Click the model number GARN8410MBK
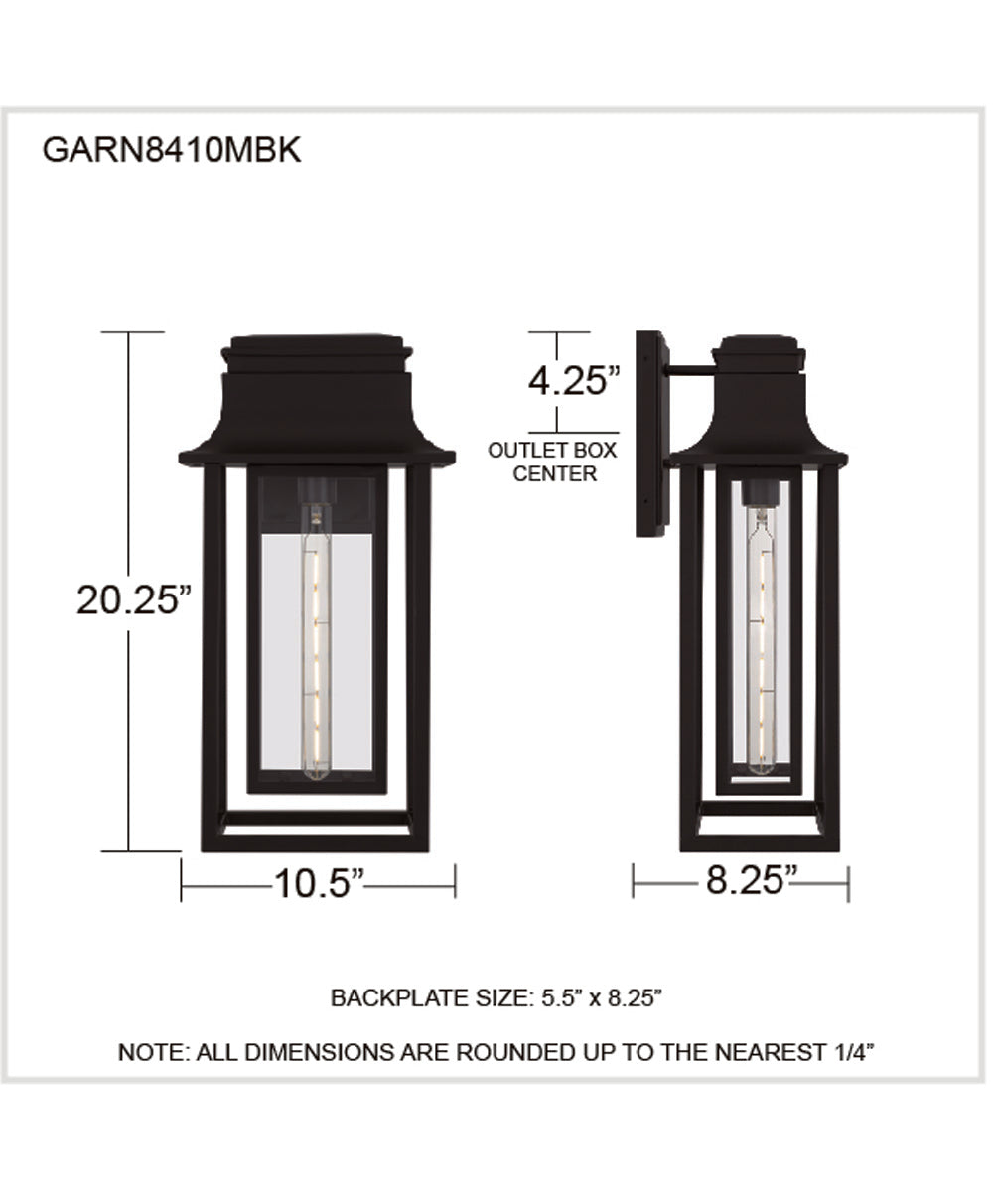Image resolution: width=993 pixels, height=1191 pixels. click(170, 152)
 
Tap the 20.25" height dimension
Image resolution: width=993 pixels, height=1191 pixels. click(133, 600)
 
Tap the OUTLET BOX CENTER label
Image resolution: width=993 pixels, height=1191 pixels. click(552, 462)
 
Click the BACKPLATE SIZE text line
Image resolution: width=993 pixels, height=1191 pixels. click(496, 997)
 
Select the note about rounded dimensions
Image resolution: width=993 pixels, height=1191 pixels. click(496, 1053)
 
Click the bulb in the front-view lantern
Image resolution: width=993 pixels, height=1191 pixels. click(317, 645)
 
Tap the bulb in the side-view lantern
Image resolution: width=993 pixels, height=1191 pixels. click(761, 645)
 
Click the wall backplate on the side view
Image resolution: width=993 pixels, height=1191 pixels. click(651, 434)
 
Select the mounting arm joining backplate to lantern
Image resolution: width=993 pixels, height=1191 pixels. click(691, 371)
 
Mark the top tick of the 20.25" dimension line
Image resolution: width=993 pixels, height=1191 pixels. click(130, 332)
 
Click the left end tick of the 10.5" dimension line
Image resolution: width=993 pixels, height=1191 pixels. click(182, 881)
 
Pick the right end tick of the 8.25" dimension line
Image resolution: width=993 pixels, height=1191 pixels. click(848, 881)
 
